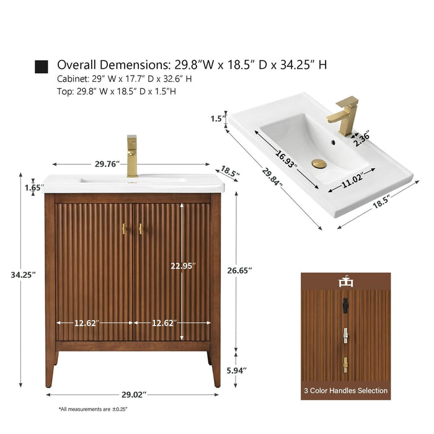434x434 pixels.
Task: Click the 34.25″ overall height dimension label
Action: click(24, 275)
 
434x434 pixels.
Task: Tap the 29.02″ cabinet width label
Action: click(134, 394)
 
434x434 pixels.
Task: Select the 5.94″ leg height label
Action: click(237, 370)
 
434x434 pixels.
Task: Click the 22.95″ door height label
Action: click(184, 266)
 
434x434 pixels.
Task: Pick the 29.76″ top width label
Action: click(107, 164)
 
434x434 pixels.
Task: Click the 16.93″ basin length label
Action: click(286, 158)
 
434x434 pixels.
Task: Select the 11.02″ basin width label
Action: click(352, 181)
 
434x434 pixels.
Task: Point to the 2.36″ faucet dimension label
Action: click(363, 138)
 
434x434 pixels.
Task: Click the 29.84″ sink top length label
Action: click(273, 176)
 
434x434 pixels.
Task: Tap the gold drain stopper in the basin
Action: click(319, 163)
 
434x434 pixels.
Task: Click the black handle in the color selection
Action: click(345, 305)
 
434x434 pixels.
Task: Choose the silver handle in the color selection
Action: click(345, 336)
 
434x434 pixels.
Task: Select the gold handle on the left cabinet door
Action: click(124, 229)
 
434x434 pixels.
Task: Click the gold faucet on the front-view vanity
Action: click(132, 156)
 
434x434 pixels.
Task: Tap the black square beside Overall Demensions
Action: click(42, 67)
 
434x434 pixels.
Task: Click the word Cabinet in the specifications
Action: click(73, 79)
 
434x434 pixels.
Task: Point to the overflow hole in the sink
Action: click(334, 143)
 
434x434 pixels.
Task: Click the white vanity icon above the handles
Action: click(346, 281)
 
